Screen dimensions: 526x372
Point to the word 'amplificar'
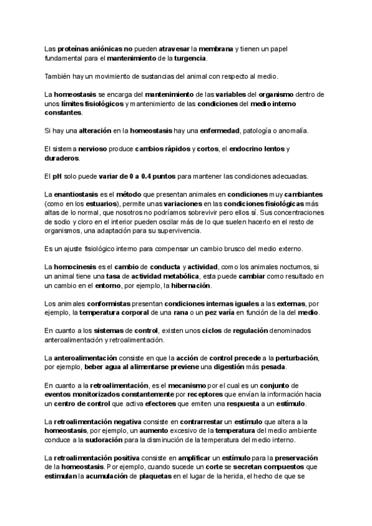tap(198, 458)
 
